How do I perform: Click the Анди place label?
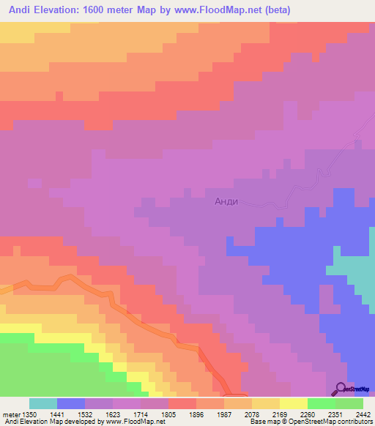[226, 201]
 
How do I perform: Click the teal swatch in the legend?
[43, 403]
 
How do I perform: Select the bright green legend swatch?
[322, 403]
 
